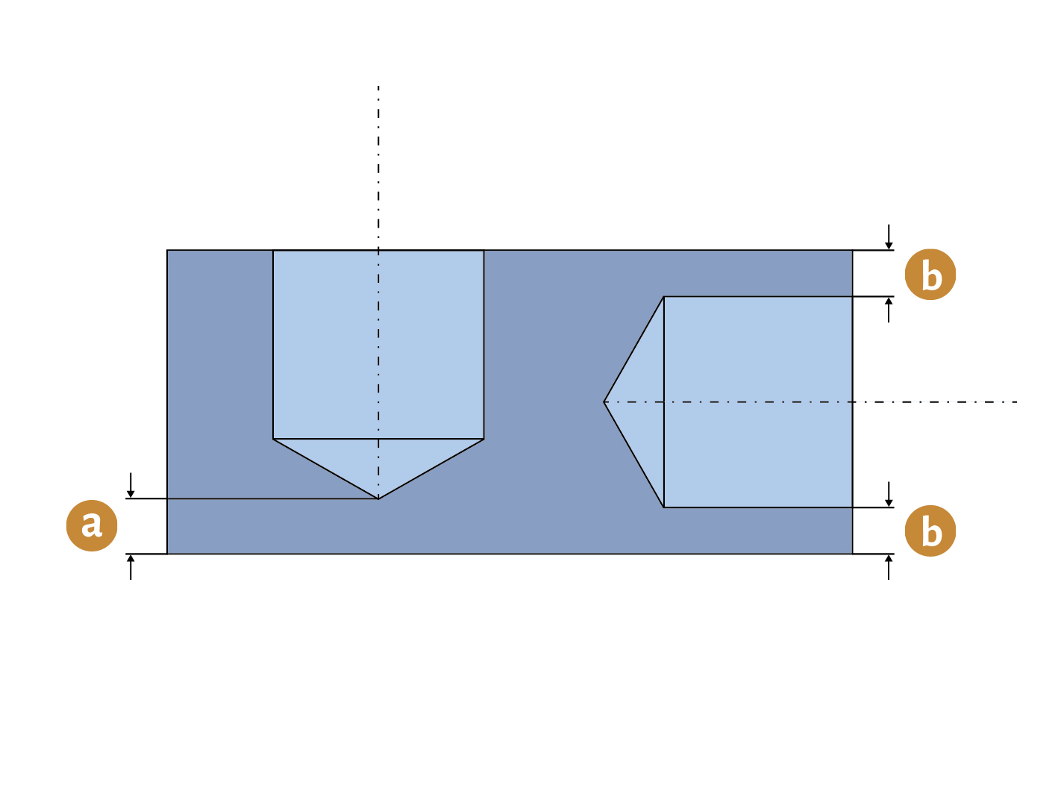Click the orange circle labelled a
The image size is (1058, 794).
tap(92, 525)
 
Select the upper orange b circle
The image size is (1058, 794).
tap(930, 275)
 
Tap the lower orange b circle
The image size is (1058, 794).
tap(930, 531)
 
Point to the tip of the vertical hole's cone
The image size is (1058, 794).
tap(378, 499)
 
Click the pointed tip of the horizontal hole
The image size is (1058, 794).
tap(604, 402)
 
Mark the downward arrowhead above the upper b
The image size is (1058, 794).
tap(889, 246)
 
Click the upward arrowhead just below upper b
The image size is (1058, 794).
tap(889, 301)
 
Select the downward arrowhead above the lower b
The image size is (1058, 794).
tap(889, 503)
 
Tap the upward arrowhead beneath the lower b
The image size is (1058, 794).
tap(889, 558)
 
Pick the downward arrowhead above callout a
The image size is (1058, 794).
tap(131, 494)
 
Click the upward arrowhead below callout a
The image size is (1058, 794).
tap(131, 558)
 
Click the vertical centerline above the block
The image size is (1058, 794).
tap(378, 168)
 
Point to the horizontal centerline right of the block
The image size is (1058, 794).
tap(935, 402)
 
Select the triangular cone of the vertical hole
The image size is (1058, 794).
tap(378, 459)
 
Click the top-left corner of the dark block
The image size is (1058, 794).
tap(167, 250)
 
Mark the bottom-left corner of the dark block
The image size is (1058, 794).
tap(167, 554)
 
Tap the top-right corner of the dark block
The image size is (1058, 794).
tap(853, 250)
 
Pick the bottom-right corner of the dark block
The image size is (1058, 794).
tap(853, 554)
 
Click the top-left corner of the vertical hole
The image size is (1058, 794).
tap(273, 250)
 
